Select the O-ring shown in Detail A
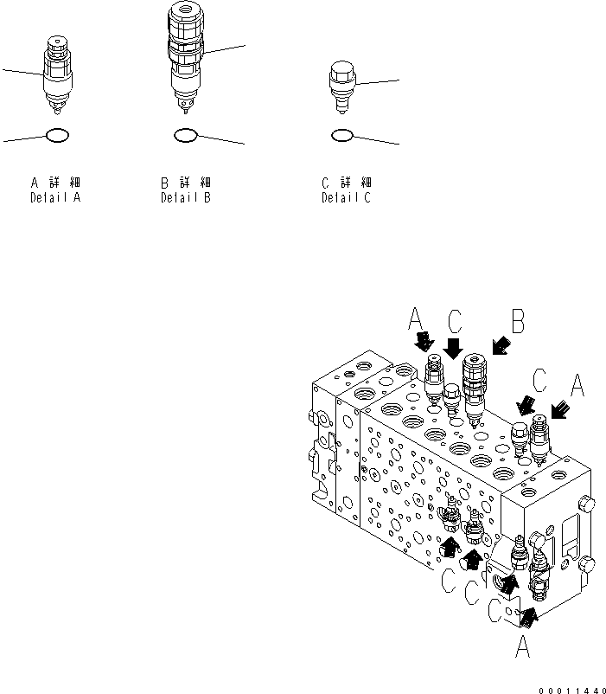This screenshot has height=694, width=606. pos(56,135)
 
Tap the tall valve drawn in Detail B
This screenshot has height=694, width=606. pos(186,56)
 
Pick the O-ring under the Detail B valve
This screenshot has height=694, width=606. pos(185,135)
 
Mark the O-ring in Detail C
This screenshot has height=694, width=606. pos(341,135)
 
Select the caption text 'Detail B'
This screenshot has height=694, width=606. pos(185,198)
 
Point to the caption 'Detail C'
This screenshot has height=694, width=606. pos(346,198)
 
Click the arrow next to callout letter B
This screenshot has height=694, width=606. pos(499,347)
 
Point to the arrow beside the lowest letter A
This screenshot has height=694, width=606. pos(526,616)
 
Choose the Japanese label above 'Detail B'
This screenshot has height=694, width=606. pos(185,183)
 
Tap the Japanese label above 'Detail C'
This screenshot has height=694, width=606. pos(346,183)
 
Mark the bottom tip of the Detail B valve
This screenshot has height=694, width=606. pos(185,109)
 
